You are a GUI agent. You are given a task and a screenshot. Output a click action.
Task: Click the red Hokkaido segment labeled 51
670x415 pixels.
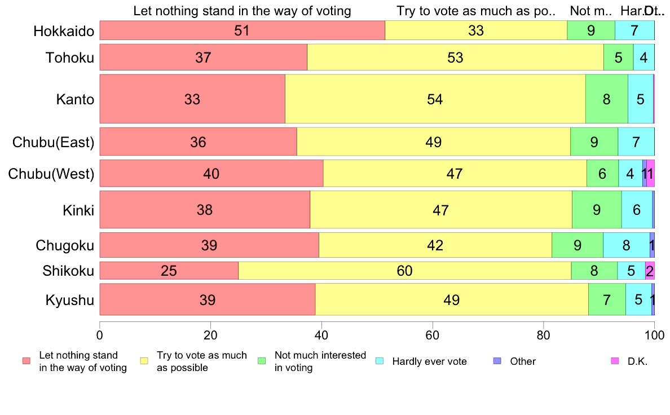point(242,30)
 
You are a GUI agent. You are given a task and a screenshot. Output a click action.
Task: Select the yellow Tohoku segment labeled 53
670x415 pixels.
point(455,57)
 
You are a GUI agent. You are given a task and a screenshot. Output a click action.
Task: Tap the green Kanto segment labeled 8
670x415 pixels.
point(606,99)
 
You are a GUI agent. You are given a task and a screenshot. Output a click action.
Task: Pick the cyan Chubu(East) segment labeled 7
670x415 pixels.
point(636,142)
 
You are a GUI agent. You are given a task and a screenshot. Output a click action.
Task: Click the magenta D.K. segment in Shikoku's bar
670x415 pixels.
point(650,271)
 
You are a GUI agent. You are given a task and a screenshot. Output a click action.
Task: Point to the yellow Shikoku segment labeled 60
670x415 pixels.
point(404,271)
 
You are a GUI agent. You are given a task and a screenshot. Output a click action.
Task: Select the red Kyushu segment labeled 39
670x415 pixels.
point(208,299)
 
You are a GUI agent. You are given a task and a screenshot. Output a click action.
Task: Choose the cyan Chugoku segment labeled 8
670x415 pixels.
point(626,245)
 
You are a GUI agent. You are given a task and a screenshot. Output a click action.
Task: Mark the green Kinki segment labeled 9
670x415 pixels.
point(597,210)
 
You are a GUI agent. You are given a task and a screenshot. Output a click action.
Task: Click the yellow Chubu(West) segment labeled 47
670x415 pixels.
point(455,174)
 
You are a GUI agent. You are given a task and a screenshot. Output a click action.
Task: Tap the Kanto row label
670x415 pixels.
point(74,100)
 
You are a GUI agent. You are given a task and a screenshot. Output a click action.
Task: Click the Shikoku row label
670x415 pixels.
point(68,271)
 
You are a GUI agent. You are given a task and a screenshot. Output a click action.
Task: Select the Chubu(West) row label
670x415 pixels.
point(51,174)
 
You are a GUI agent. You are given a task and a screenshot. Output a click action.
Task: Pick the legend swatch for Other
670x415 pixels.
point(497,361)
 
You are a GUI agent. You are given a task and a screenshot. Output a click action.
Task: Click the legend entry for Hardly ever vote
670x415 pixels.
point(429,361)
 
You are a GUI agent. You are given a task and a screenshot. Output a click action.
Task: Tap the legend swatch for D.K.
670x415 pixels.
point(615,361)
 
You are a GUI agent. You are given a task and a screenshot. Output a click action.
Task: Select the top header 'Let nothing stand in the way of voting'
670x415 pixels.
point(242,11)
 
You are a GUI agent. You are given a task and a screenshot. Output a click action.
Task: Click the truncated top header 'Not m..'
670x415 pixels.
point(590,11)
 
